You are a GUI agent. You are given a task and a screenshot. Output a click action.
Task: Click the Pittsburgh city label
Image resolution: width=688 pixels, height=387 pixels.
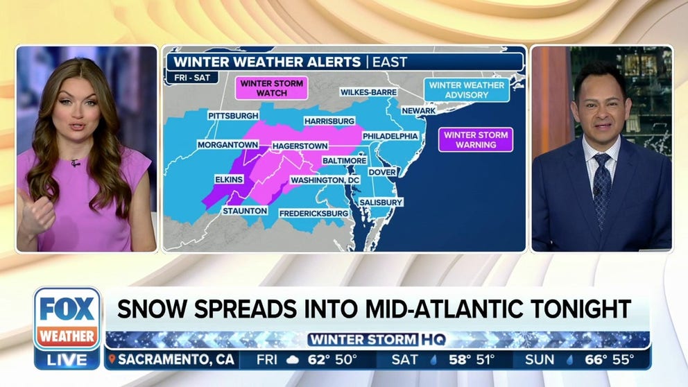click(x=232, y=115)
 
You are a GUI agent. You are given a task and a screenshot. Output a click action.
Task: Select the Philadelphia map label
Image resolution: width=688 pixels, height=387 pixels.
click(x=390, y=136)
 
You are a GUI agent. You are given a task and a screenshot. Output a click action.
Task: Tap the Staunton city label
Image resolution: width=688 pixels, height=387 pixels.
click(x=245, y=210)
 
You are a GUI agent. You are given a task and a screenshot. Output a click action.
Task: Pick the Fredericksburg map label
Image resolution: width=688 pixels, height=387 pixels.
click(x=313, y=214)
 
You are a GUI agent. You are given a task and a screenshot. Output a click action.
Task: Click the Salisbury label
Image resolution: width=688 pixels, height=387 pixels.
click(x=381, y=202)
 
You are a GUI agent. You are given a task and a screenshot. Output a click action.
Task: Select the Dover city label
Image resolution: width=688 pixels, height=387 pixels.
click(x=381, y=172)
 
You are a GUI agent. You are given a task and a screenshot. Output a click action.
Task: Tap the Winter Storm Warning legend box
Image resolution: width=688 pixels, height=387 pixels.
click(x=475, y=139)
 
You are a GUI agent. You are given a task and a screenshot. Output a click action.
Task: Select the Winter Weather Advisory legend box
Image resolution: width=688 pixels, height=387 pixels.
click(x=467, y=90)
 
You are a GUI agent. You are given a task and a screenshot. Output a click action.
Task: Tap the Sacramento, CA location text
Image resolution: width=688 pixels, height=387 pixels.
click(x=175, y=360)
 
